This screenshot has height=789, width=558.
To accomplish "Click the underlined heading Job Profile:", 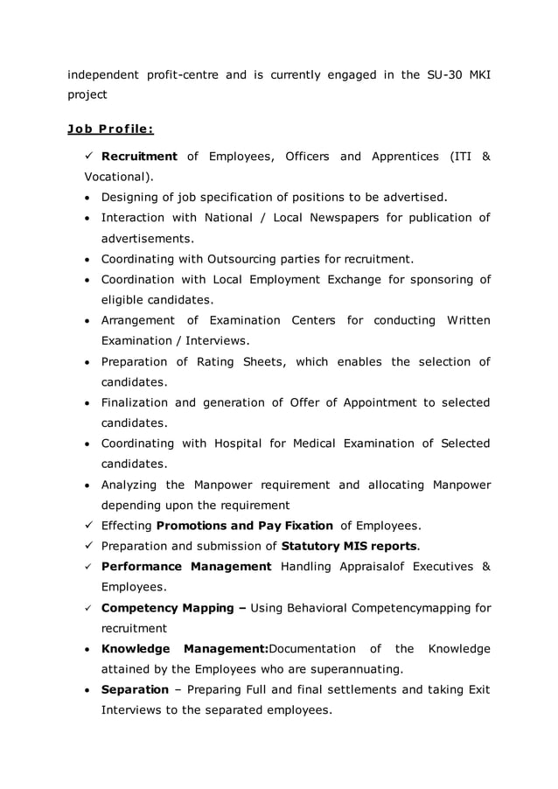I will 110,129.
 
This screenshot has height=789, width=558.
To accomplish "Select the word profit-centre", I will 171,74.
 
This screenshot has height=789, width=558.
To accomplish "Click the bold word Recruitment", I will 139,157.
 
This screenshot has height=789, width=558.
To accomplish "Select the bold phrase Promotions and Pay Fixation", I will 244,526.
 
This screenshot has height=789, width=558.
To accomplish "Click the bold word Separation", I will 135,689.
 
